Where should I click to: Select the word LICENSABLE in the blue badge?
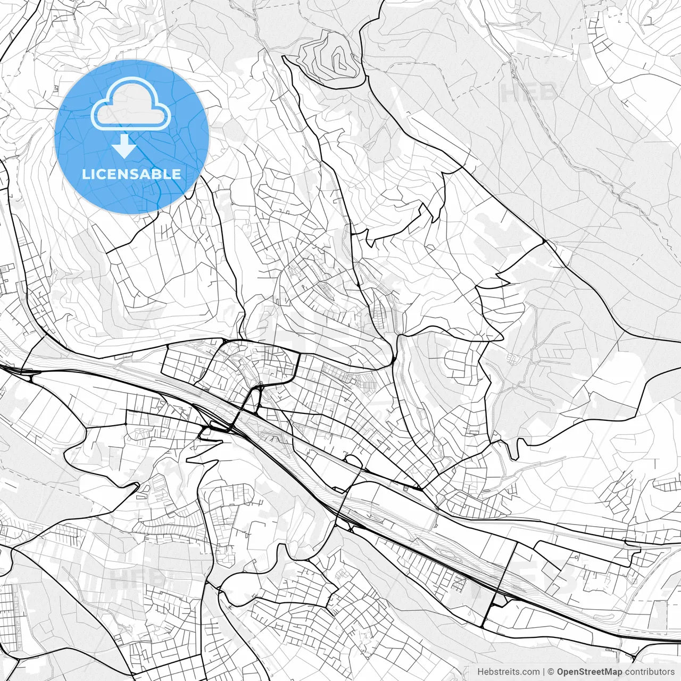tap(131, 175)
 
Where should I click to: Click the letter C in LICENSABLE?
tap(102, 175)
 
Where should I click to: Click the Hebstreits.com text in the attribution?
tap(508, 672)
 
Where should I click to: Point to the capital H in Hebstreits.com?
tap(480, 672)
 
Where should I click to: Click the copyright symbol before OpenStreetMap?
tap(551, 672)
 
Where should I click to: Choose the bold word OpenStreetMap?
tap(589, 672)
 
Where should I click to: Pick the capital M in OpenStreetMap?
tap(608, 672)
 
